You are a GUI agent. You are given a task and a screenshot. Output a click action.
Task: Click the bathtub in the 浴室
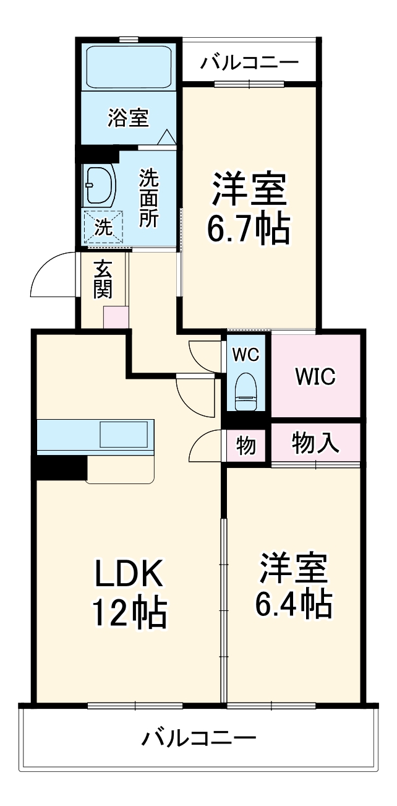click(128, 67)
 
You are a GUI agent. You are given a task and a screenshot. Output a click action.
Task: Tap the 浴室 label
click(128, 118)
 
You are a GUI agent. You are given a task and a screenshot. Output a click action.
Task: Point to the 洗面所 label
click(148, 198)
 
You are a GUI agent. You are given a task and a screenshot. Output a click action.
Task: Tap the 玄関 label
click(103, 279)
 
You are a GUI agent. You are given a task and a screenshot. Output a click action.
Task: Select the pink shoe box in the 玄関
click(116, 317)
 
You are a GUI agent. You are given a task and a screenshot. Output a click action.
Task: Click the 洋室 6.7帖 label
click(249, 207)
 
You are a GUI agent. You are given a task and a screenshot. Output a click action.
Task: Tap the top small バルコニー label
click(250, 63)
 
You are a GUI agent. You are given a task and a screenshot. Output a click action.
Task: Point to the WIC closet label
click(315, 376)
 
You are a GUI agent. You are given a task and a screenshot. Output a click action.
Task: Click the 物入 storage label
click(315, 443)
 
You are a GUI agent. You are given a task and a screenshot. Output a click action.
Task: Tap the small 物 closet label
click(246, 446)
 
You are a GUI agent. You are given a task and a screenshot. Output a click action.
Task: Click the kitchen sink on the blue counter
click(124, 434)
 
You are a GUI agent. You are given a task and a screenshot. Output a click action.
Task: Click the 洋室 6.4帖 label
click(294, 586)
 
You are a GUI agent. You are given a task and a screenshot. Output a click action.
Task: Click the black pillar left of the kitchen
click(61, 467)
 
